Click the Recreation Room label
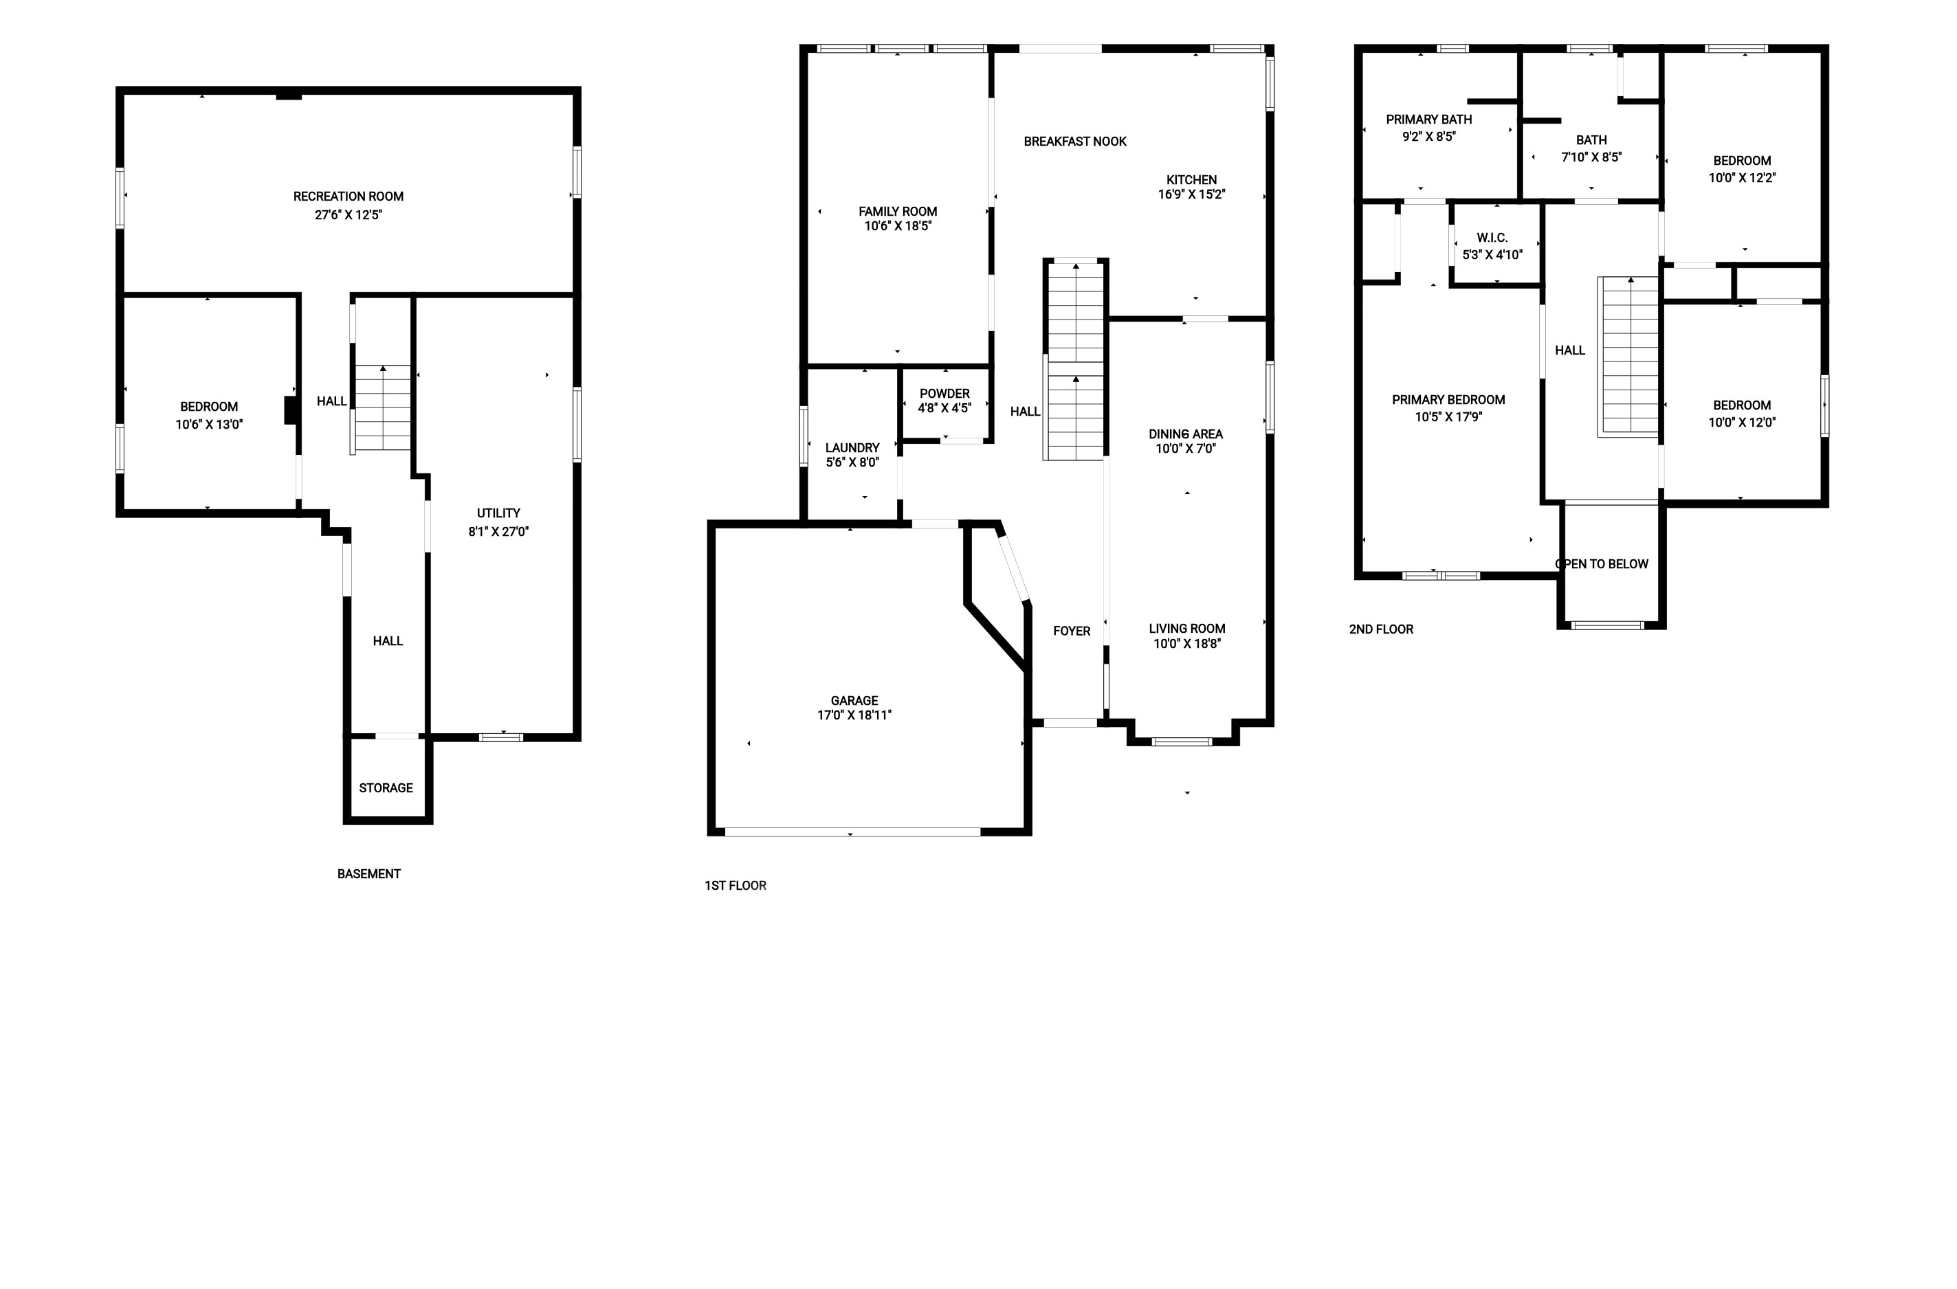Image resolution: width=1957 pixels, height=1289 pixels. coord(348,197)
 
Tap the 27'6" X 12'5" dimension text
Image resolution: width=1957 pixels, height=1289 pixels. coord(348,215)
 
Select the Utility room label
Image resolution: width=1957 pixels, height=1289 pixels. coord(498,513)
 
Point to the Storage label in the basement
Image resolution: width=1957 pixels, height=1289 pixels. coord(386,787)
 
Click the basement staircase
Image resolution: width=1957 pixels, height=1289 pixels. coord(382,407)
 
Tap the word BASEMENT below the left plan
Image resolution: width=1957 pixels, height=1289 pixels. coord(368,874)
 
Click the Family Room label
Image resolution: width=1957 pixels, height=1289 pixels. coord(898,211)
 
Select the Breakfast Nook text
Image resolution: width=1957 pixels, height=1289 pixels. coord(1074,142)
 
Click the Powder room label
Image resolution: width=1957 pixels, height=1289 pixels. coord(944,394)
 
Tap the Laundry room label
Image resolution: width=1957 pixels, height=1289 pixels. coord(852,448)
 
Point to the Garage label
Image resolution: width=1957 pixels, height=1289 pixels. coord(854,700)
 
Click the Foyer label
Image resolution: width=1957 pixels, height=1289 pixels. coord(1072,631)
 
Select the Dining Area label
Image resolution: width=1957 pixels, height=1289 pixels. coord(1186,434)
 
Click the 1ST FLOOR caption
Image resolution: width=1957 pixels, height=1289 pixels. coord(735,886)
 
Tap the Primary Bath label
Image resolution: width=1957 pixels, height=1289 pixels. coord(1429,119)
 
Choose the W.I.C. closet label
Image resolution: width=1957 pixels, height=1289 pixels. coord(1492,238)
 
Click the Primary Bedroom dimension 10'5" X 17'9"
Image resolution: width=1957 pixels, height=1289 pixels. coord(1448,417)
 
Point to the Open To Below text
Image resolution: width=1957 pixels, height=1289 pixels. coord(1602,564)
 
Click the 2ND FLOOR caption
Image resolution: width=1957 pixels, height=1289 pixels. coord(1382,629)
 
